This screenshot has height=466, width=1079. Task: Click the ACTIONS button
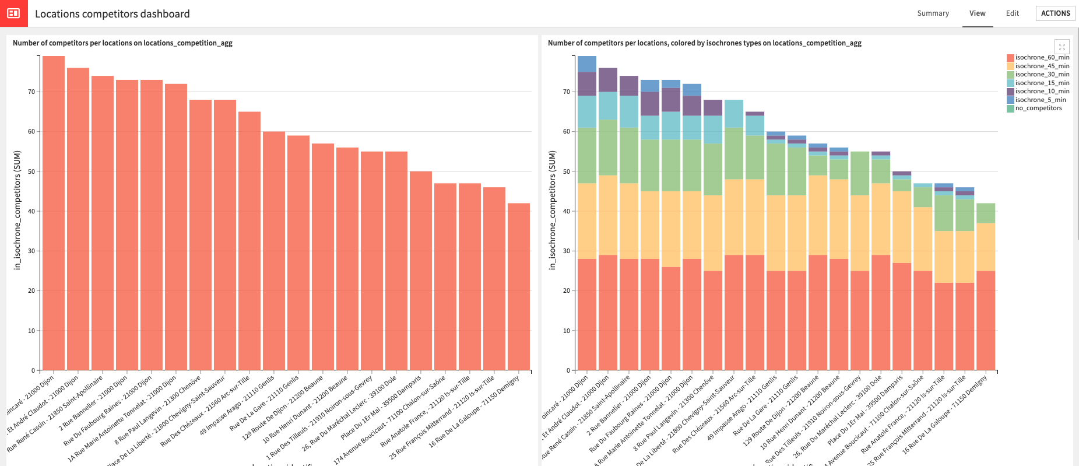tap(1055, 13)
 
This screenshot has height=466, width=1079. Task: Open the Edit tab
tap(1013, 13)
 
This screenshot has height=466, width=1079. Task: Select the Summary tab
tap(933, 13)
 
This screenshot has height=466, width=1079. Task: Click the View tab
tap(977, 13)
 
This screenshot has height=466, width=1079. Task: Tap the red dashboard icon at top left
tap(13, 13)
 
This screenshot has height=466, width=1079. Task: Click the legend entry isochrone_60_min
tap(1042, 58)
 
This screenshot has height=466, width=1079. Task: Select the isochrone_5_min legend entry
tap(1040, 100)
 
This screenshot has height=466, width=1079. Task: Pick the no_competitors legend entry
tap(1038, 108)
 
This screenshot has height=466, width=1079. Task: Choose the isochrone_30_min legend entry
tap(1042, 75)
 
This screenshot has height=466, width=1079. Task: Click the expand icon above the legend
tap(1062, 47)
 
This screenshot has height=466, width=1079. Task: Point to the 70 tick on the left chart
tap(31, 92)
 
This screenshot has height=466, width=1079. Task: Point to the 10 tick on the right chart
tap(567, 331)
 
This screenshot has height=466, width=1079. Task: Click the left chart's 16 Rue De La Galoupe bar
tap(519, 286)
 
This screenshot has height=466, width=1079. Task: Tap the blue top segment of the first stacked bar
tap(587, 64)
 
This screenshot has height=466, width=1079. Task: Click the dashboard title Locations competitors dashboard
tap(113, 14)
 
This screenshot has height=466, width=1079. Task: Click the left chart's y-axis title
tap(17, 210)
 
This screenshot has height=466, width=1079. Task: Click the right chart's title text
tap(704, 43)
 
